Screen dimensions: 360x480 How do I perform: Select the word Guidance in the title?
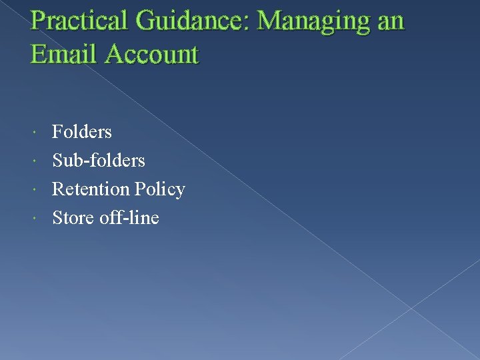[188, 21]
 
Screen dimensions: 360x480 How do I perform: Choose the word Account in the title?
[151, 53]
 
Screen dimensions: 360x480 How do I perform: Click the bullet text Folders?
[81, 132]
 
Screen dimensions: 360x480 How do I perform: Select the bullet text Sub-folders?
[98, 161]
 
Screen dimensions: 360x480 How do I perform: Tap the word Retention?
[91, 189]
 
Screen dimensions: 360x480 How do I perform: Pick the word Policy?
[159, 190]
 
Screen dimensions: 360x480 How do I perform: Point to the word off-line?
[129, 218]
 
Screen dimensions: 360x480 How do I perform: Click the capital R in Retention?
[58, 189]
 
